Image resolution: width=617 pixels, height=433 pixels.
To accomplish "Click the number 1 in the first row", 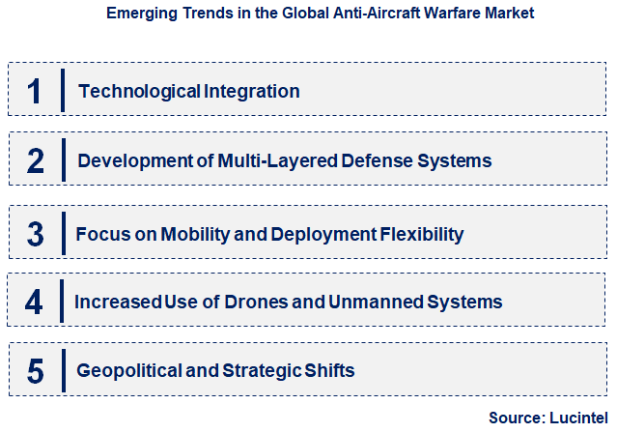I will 35,92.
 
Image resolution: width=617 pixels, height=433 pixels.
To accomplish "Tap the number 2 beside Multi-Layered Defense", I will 35,160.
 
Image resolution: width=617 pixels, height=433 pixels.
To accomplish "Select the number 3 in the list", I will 35,234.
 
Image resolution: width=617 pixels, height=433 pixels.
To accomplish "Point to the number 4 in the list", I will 35,302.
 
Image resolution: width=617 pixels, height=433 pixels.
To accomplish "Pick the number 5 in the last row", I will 35,370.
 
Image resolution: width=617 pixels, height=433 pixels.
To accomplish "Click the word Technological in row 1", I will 139,92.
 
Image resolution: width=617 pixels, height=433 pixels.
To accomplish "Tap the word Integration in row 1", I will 252,92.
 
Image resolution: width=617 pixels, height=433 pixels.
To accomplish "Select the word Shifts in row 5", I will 328,370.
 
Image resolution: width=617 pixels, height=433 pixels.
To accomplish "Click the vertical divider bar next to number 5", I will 63,370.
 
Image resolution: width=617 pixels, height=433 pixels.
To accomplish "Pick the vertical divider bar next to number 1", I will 63,92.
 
